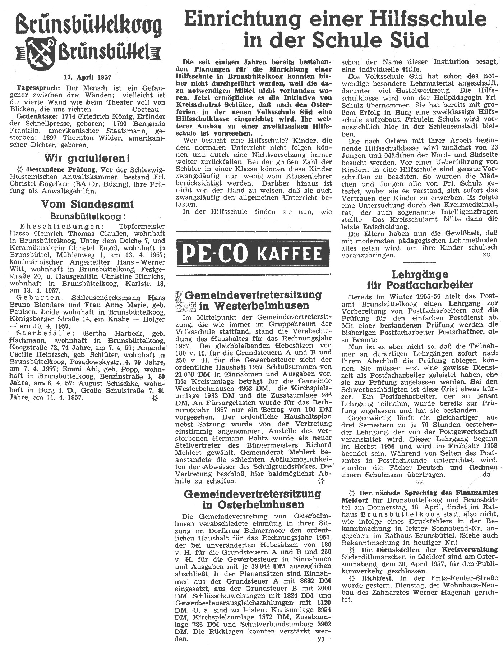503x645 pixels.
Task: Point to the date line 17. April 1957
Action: (87, 77)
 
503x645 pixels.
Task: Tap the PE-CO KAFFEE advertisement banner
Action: (253, 253)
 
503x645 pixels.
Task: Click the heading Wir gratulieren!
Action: (87, 158)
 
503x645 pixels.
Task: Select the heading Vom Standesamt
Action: (87, 204)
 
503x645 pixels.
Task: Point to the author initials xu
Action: (486, 255)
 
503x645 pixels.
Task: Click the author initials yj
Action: (321, 639)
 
